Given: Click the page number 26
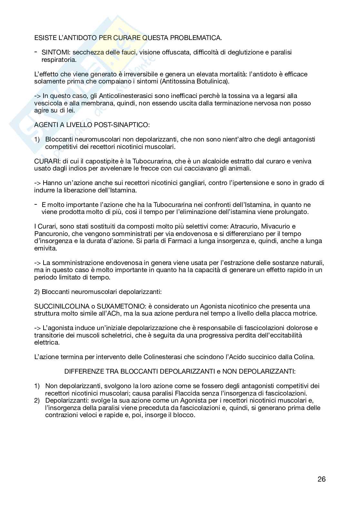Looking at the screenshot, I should pyautogui.click(x=321, y=479).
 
